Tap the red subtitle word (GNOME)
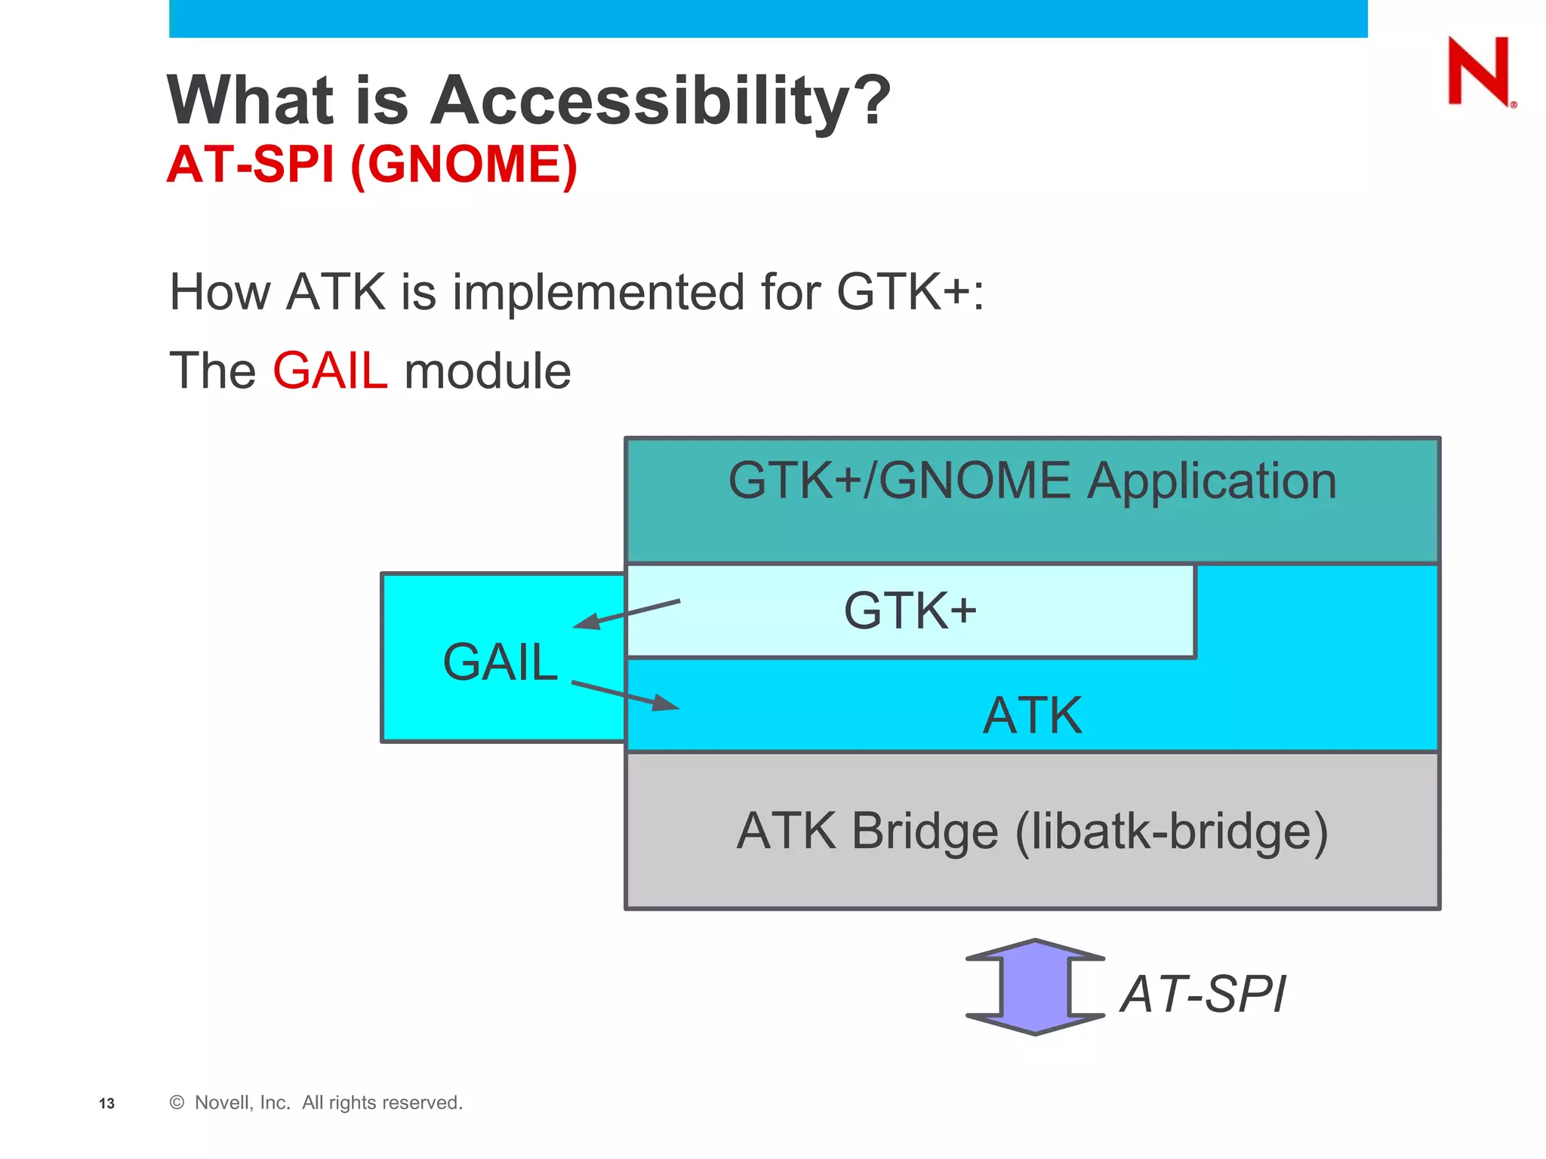pyautogui.click(x=463, y=164)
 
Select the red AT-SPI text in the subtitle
pyautogui.click(x=250, y=164)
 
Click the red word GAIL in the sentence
pyautogui.click(x=330, y=371)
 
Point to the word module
pyautogui.click(x=487, y=371)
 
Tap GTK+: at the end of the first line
pyautogui.click(x=909, y=292)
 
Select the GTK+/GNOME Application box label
pyautogui.click(x=1031, y=481)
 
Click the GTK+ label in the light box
pyautogui.click(x=909, y=610)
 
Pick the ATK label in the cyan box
pyautogui.click(x=1032, y=715)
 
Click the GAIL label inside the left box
pyautogui.click(x=500, y=663)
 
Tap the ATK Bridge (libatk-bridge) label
pyautogui.click(x=1031, y=832)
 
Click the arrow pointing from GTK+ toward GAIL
pyautogui.click(x=627, y=613)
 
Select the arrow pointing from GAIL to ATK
pyautogui.click(x=626, y=695)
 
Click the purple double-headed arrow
pyautogui.click(x=1035, y=987)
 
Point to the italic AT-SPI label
pyautogui.click(x=1203, y=994)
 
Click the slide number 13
pyautogui.click(x=106, y=1104)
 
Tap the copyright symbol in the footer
pyautogui.click(x=177, y=1102)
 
